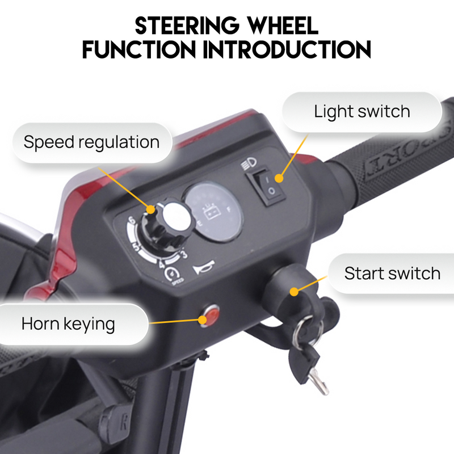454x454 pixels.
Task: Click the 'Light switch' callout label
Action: pyautogui.click(x=362, y=111)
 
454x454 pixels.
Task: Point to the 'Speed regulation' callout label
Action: pyautogui.click(x=91, y=141)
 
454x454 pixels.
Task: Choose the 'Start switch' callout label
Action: pyautogui.click(x=392, y=273)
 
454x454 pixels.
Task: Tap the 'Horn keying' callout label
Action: pyautogui.click(x=68, y=324)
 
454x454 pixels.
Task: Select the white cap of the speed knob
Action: pyautogui.click(x=175, y=216)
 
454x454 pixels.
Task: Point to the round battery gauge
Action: pyautogui.click(x=213, y=211)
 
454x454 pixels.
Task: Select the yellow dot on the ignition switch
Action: pyautogui.click(x=294, y=292)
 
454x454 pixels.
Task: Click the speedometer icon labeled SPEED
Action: pyautogui.click(x=170, y=274)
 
